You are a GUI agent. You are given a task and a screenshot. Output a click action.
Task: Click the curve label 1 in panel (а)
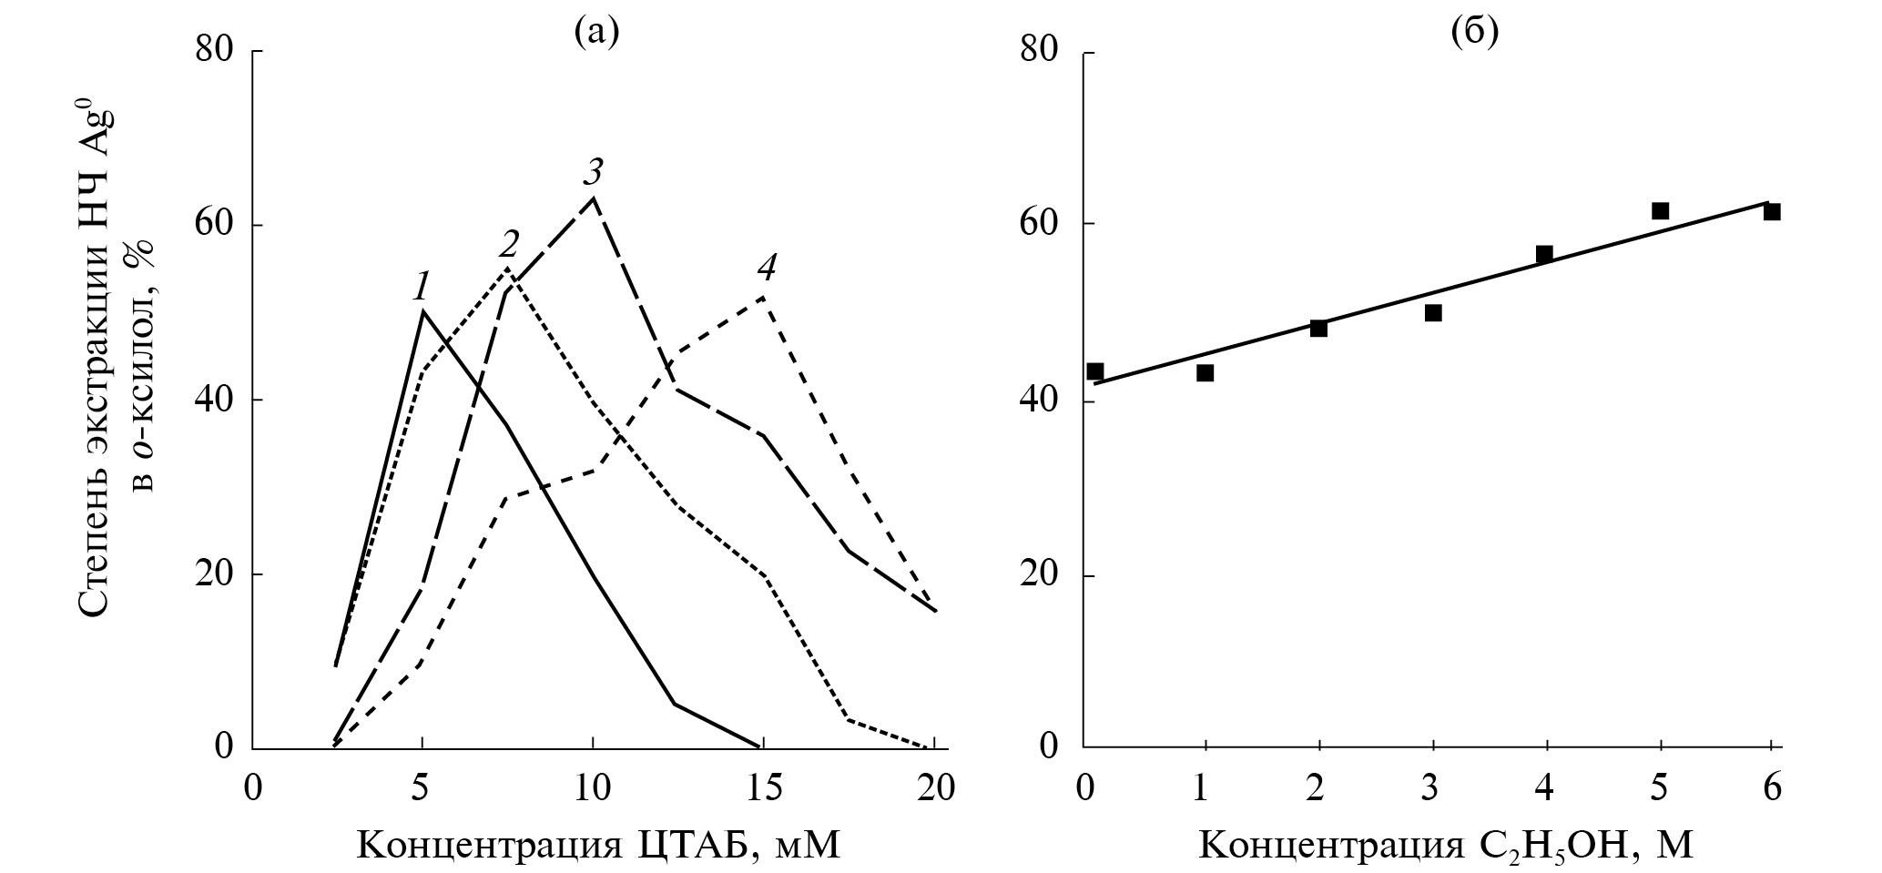pos(421,288)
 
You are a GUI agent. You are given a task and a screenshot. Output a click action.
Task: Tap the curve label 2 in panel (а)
pos(509,244)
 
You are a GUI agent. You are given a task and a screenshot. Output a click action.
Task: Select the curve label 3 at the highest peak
pos(594,171)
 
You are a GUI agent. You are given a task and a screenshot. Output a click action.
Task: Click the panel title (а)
pos(596,34)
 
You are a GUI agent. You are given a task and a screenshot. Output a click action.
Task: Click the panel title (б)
pos(1474,34)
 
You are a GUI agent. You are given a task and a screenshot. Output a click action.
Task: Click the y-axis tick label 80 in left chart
pos(217,50)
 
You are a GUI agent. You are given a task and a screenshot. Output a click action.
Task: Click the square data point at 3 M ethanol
pos(1433,313)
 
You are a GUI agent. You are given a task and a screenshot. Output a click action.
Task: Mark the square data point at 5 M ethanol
pos(1660,211)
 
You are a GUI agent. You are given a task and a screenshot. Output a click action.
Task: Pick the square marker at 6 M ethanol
pos(1772,212)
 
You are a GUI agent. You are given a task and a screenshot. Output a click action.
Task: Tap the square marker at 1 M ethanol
pos(1205,372)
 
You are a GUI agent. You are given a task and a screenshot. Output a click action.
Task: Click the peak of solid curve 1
pos(422,311)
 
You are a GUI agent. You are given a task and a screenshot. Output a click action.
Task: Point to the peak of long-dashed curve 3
pos(594,198)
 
